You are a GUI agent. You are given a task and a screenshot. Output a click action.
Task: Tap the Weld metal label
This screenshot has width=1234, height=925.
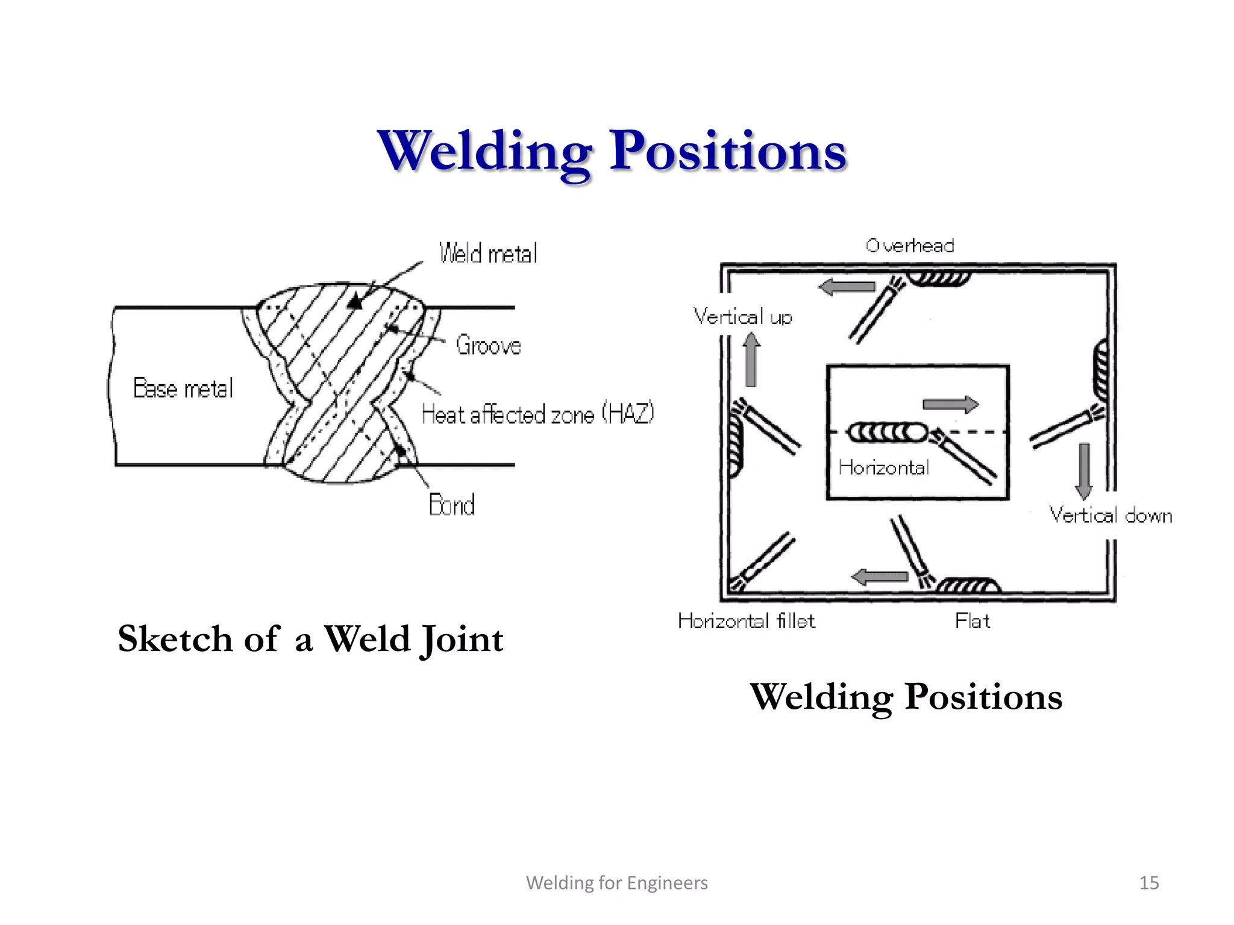[x=488, y=254]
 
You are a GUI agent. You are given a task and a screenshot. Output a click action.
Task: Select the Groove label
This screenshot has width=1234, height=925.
[x=488, y=346]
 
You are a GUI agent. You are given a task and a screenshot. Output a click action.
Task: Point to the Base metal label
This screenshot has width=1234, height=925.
[x=183, y=388]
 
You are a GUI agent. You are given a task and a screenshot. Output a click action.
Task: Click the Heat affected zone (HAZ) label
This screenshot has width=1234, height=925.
[x=537, y=414]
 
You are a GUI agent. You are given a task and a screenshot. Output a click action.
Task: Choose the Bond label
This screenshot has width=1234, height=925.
[x=452, y=505]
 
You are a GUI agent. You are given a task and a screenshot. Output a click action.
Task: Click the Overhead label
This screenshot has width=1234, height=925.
[x=910, y=246]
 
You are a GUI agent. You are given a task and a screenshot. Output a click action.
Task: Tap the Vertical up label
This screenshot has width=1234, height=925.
[x=742, y=317]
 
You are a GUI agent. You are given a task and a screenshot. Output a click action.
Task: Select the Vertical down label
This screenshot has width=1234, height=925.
[x=1110, y=515]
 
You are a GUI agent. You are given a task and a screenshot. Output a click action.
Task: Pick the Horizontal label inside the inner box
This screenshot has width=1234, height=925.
[x=883, y=467]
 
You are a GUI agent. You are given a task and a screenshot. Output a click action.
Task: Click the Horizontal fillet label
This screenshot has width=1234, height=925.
[x=746, y=621]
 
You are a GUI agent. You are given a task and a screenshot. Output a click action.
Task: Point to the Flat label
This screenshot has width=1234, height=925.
[x=972, y=621]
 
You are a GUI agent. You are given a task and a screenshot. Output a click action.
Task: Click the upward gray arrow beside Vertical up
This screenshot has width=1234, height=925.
[x=751, y=360]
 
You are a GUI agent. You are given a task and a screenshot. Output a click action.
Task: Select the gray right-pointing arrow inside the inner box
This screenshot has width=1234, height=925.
[x=951, y=404]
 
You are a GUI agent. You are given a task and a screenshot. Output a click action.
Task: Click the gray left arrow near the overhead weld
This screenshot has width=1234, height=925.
[x=847, y=287]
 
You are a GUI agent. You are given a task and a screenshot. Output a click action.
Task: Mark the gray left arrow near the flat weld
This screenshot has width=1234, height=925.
[x=880, y=577]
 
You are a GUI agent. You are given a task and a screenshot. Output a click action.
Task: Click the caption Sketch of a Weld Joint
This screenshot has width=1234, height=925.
[x=310, y=640]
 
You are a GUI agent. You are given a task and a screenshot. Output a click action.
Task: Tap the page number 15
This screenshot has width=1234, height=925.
[x=1149, y=883]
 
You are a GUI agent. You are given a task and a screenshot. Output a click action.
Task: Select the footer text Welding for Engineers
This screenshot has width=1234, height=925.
[x=616, y=883]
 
